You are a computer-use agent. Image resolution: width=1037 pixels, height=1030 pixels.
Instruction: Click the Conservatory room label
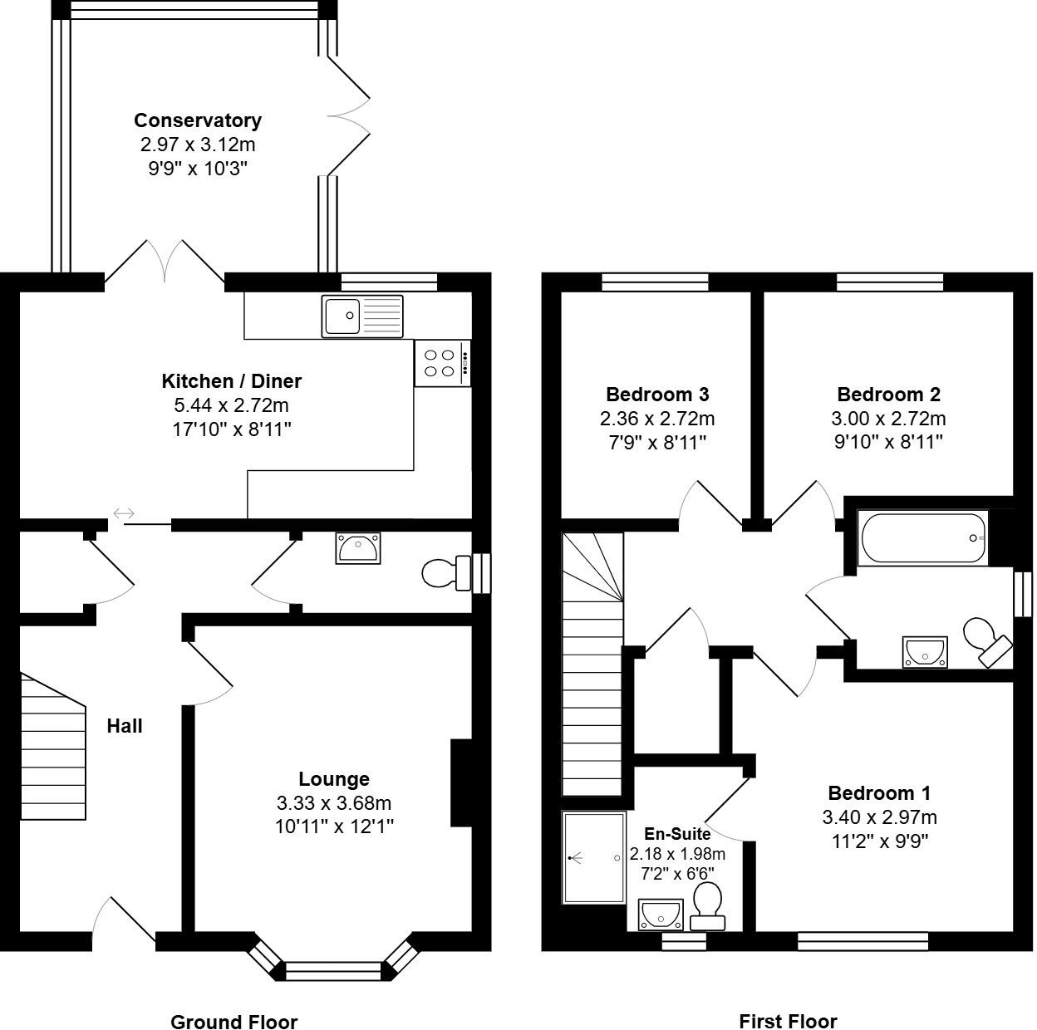click(198, 120)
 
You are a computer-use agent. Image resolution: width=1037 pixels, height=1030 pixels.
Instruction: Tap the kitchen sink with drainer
click(361, 316)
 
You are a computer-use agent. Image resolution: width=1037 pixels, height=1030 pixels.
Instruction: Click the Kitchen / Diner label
click(231, 381)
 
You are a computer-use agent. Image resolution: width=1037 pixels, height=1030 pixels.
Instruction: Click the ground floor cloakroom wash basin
click(358, 549)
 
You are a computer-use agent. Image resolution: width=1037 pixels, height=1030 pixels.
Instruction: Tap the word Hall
click(125, 726)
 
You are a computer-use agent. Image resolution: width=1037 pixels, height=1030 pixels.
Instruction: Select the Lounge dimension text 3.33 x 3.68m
click(334, 803)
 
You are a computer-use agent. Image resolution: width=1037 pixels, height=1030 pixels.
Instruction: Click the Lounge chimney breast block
click(461, 782)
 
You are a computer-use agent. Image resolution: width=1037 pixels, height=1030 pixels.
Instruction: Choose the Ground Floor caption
click(233, 1022)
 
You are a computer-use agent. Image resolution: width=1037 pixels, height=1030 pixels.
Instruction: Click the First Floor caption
click(788, 1021)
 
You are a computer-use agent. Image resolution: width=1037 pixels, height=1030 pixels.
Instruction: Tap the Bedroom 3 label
click(657, 395)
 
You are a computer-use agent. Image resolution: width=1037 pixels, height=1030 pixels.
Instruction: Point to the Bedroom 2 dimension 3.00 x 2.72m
click(888, 419)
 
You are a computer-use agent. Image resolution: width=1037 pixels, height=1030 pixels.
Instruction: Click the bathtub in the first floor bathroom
click(923, 539)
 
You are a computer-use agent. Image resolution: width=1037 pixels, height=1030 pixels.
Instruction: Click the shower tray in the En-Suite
click(593, 858)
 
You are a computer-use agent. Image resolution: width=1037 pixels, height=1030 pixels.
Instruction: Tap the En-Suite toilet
click(706, 906)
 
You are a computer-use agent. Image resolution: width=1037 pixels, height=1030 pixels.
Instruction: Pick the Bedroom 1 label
click(879, 792)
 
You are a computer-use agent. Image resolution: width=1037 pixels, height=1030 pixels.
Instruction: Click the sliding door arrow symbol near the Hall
click(124, 513)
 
